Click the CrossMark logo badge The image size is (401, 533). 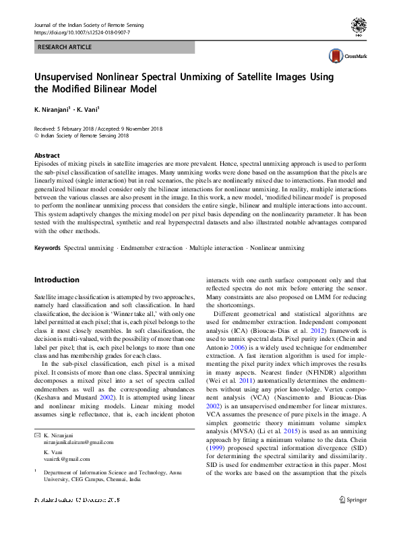(343, 56)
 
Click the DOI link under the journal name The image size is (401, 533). (82, 32)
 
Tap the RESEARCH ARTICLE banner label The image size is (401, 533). (64, 47)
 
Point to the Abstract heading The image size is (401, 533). (47, 155)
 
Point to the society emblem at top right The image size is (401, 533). (359, 27)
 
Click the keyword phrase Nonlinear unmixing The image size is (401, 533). (278, 249)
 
